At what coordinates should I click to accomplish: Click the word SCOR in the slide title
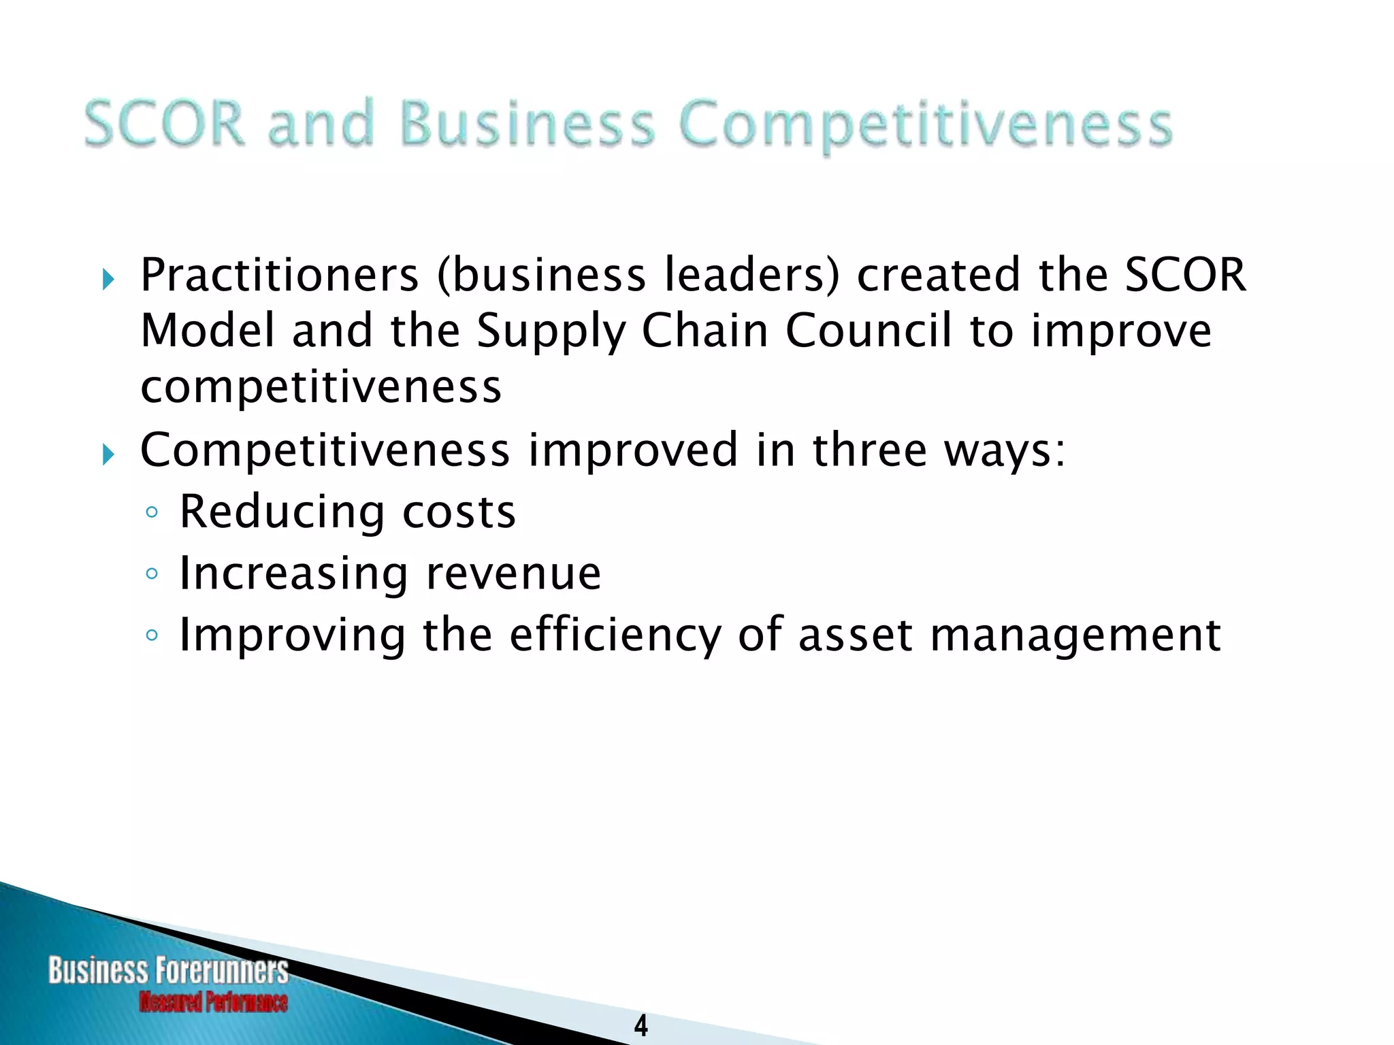pos(164,123)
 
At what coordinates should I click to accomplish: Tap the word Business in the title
pos(528,123)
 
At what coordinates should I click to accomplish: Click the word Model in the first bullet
pos(208,331)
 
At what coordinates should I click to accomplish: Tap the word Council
pos(868,331)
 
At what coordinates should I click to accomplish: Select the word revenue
pos(513,574)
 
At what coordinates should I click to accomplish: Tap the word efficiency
pos(615,635)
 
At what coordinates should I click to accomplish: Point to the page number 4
pos(641,1025)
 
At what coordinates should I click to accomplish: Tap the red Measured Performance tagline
pos(213,1002)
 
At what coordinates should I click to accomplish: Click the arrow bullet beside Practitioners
pos(108,279)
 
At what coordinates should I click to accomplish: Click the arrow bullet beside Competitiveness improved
pos(108,454)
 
